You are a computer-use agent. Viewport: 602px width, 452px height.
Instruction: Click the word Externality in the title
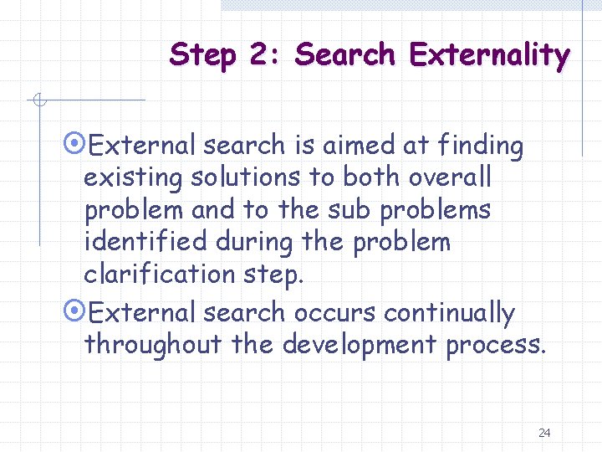tap(489, 55)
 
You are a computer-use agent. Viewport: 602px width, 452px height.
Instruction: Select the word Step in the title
tap(201, 55)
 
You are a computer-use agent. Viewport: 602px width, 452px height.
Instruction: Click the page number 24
tap(544, 433)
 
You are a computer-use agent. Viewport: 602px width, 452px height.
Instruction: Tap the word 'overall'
tap(451, 178)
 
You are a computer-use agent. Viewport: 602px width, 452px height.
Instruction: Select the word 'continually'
tap(449, 313)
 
